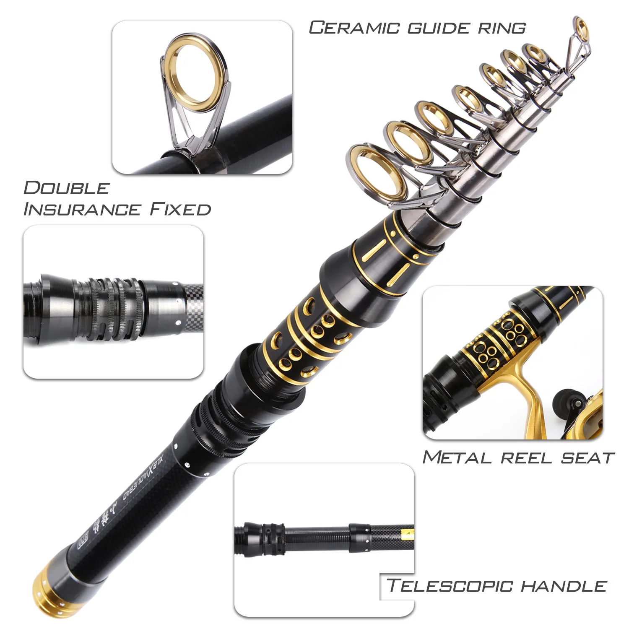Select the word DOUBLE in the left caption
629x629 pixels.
point(66,188)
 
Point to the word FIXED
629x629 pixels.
point(180,209)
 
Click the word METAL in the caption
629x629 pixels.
point(457,457)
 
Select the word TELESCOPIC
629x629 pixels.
point(450,585)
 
